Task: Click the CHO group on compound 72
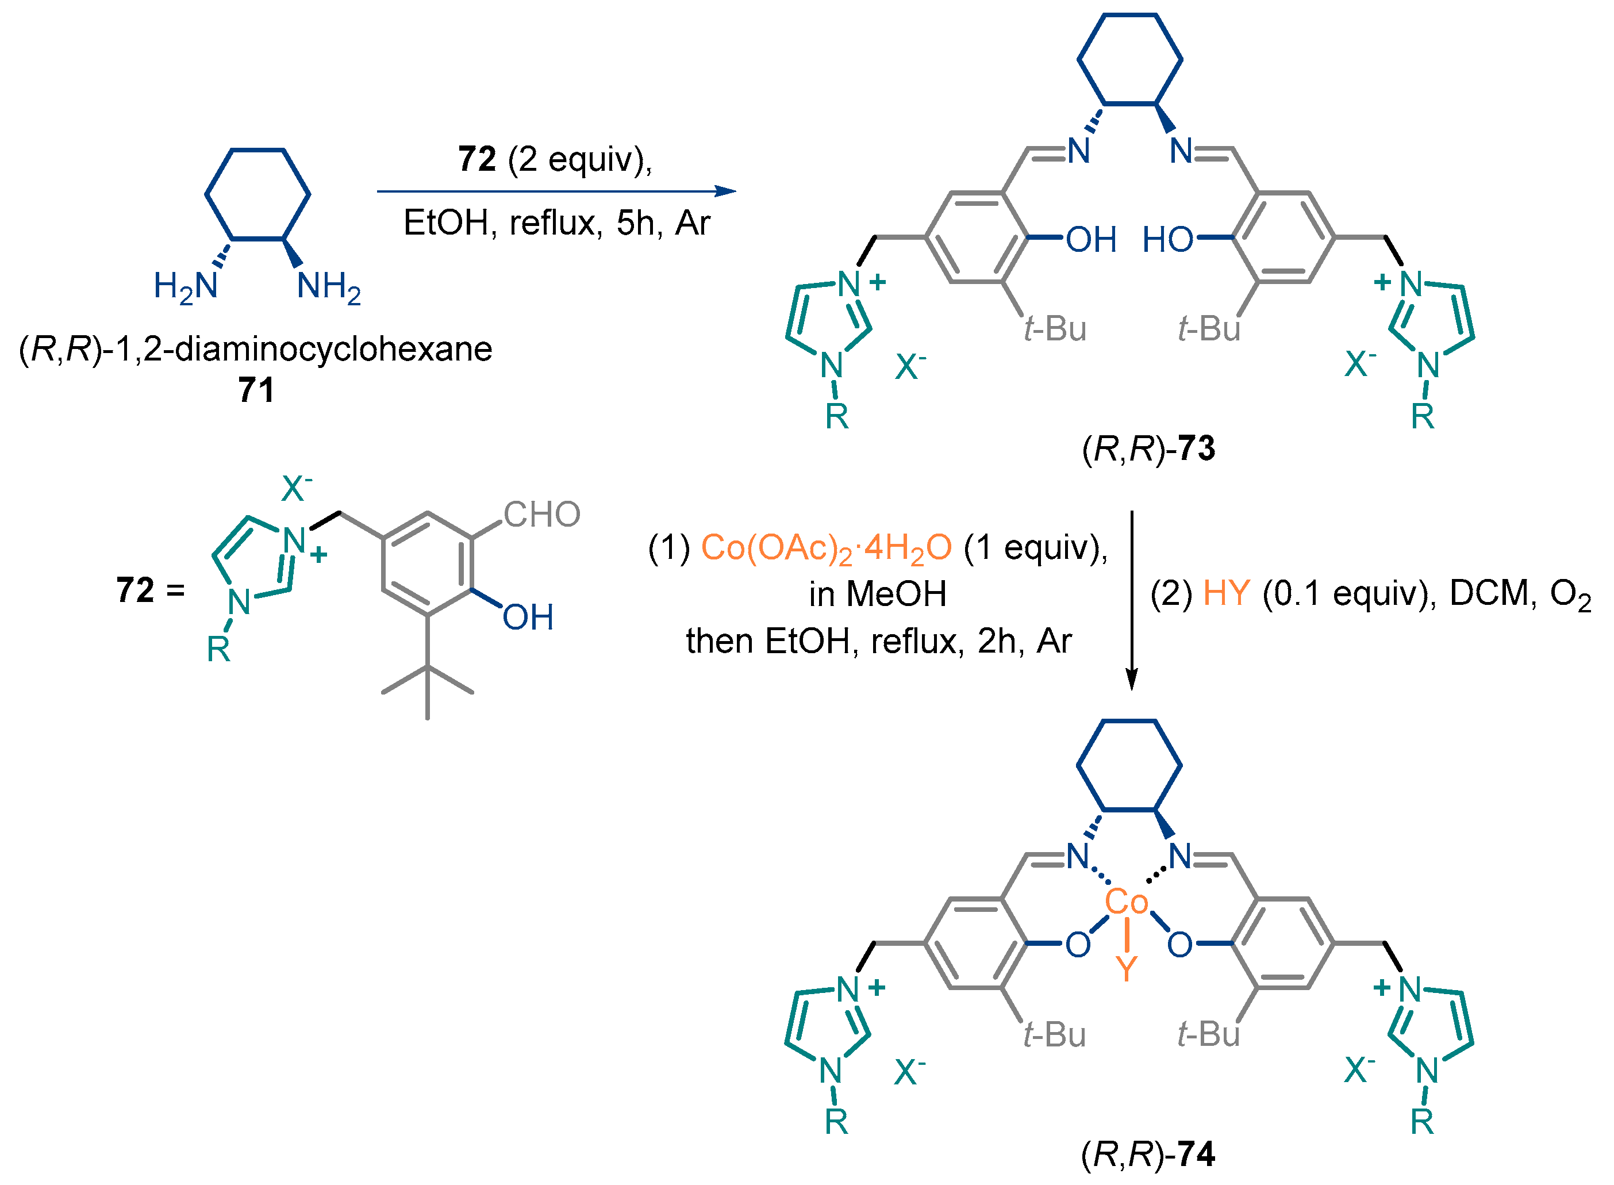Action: pos(541,515)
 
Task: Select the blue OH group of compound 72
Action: pos(528,617)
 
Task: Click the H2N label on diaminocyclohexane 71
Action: pos(186,286)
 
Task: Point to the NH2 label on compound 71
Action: pos(328,286)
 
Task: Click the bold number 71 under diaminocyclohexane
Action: pos(256,390)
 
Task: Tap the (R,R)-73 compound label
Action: pos(1148,448)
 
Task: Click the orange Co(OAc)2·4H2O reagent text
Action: pos(826,548)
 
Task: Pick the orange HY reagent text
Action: pos(1226,593)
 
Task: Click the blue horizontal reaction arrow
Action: pos(556,191)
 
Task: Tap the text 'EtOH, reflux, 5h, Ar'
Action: pos(556,223)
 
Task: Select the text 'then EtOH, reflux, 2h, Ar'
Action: pos(878,641)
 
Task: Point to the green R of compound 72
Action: pos(218,649)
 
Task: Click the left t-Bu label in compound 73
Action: pos(1055,328)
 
